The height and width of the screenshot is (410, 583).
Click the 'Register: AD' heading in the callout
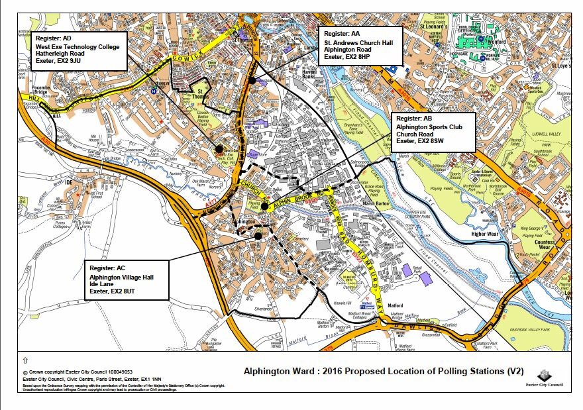coord(54,38)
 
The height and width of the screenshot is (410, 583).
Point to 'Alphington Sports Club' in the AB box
coord(429,126)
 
